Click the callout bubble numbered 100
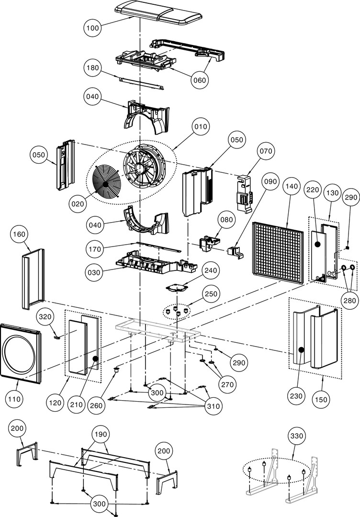coord(93,28)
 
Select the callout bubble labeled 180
coord(93,68)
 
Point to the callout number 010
coord(201,127)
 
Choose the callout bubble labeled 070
coord(266,151)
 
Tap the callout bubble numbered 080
coord(226,220)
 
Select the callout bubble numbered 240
coord(210,270)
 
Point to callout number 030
coord(94,272)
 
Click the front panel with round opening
coord(20,354)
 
